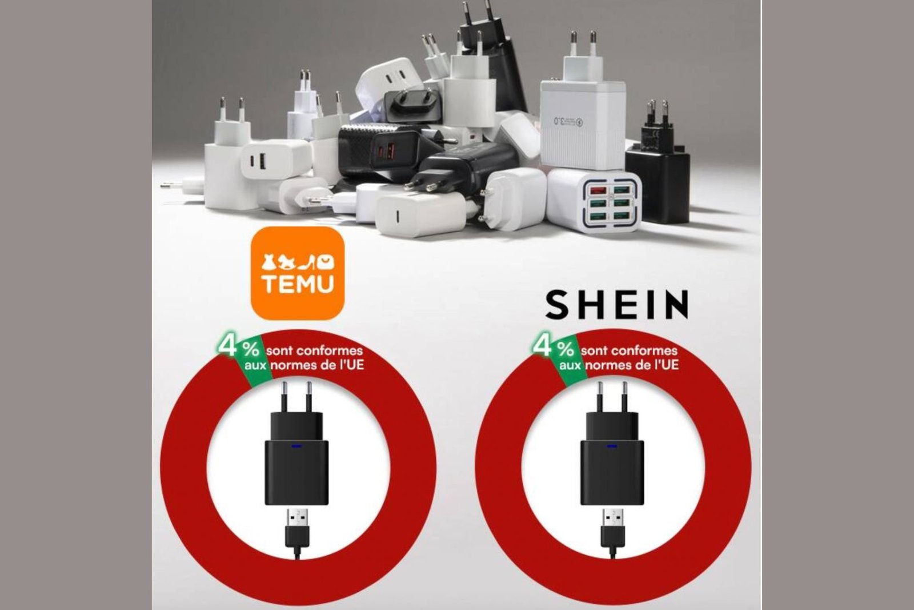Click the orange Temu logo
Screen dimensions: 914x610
coord(298,274)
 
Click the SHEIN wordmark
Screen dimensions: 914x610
coord(616,305)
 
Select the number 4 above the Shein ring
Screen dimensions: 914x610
coord(542,346)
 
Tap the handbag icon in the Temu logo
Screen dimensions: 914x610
coord(326,262)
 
